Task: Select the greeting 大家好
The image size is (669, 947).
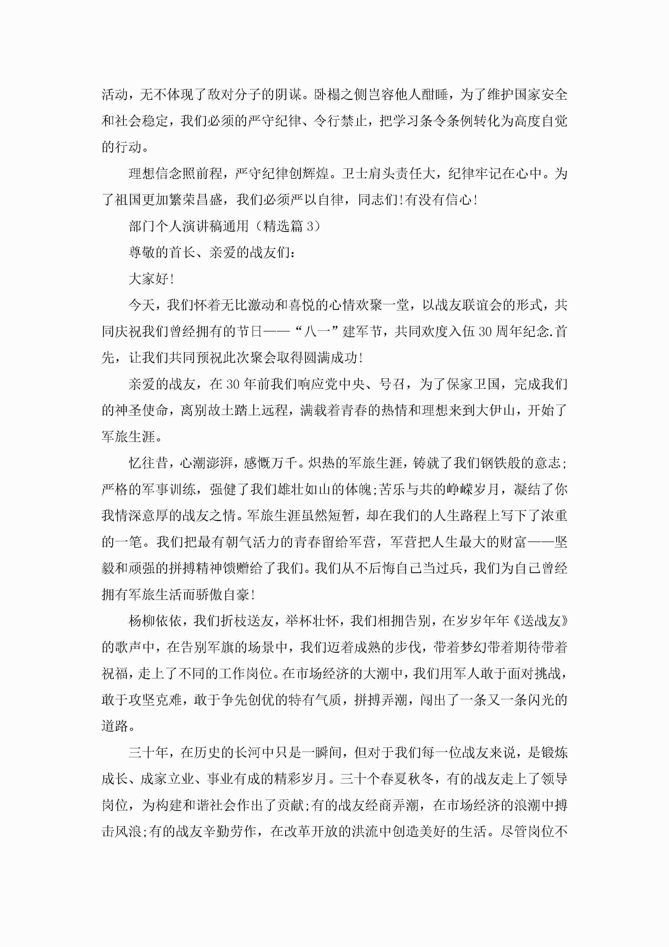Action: tap(148, 279)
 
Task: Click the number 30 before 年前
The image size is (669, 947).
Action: tap(233, 384)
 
